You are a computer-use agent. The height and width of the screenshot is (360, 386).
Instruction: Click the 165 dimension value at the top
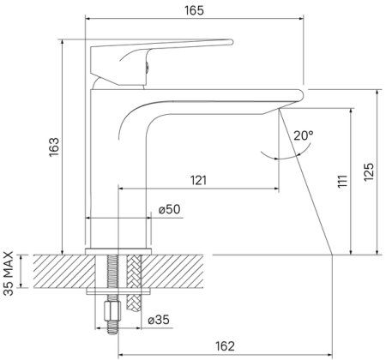coord(194,10)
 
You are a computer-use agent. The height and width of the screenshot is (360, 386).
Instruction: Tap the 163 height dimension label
coord(54,147)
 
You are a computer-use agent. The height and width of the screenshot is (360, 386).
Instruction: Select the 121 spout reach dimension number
coord(198,180)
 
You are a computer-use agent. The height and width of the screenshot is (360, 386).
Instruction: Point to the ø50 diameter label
coord(170,209)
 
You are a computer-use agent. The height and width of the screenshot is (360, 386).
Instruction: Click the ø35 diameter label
coord(159,320)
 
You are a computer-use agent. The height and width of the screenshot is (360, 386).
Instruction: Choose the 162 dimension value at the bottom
coord(225,346)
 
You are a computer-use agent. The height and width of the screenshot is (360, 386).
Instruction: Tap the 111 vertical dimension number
coord(342,181)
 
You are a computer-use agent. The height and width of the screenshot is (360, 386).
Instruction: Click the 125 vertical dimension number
coord(369,172)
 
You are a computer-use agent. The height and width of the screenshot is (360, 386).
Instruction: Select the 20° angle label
coord(304,135)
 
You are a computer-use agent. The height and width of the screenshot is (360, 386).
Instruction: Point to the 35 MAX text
coord(9,273)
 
